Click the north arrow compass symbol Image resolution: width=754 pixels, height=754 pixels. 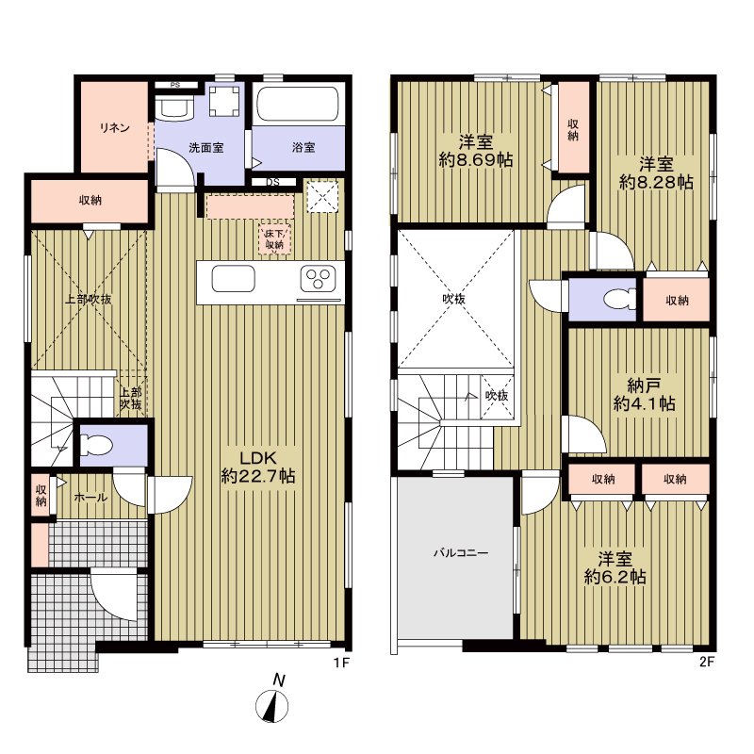tap(272, 706)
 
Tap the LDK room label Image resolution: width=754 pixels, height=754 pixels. tap(258, 467)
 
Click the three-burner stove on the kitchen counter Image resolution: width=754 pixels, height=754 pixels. tap(318, 279)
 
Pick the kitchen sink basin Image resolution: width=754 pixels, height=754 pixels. tap(233, 278)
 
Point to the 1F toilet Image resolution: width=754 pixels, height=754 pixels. tap(96, 445)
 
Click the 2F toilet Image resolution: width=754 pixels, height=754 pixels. tap(620, 299)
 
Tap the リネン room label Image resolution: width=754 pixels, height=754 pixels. tap(115, 128)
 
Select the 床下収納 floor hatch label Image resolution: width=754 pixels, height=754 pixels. tap(274, 239)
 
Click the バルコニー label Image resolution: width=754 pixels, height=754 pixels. tap(461, 553)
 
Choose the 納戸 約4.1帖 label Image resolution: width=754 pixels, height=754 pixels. tap(644, 394)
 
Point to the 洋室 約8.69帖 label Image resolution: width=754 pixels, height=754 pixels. tap(476, 151)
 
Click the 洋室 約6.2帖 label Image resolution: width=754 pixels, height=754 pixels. tap(615, 568)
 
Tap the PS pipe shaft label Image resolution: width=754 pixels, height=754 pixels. tap(175, 85)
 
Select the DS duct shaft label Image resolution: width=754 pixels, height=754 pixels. tap(272, 182)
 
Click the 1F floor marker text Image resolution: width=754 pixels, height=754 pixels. tap(341, 663)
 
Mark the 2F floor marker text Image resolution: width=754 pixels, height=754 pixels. tap(706, 663)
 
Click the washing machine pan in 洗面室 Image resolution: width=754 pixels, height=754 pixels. tap(224, 101)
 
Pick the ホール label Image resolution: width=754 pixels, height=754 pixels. tap(90, 498)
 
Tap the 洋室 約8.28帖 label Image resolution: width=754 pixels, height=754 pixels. tap(656, 173)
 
